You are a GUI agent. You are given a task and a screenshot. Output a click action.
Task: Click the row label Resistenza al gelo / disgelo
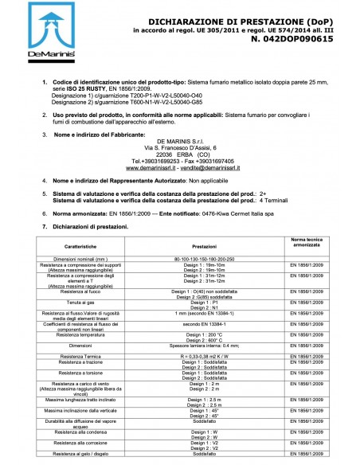point(79,453)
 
